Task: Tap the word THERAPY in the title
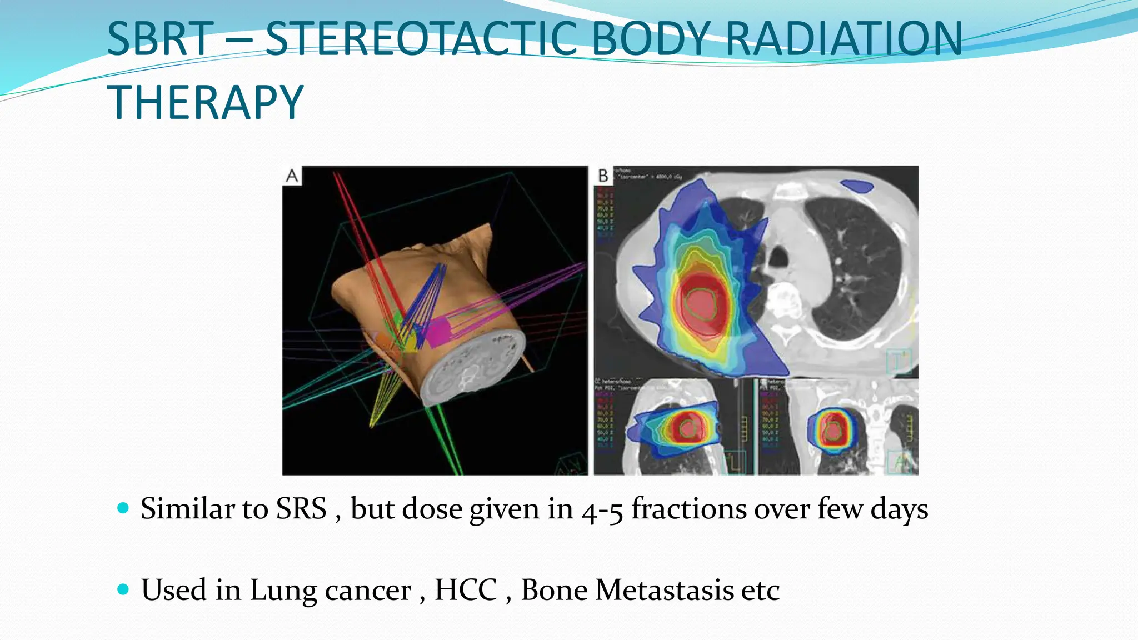pos(205,103)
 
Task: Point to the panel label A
pos(292,176)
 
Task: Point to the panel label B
pos(603,176)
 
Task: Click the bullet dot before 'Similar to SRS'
pos(123,508)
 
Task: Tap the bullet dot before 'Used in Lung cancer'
pos(123,589)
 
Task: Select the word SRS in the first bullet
pos(301,509)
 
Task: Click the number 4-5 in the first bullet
pos(602,510)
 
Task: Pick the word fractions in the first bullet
pos(688,509)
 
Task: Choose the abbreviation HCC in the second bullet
pos(466,590)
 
